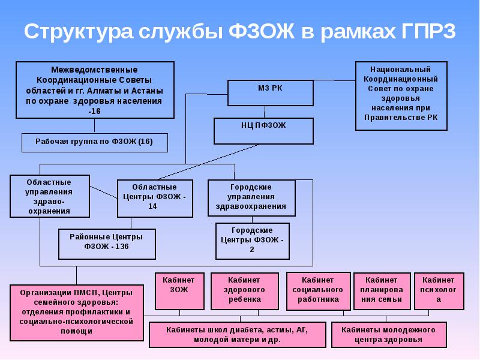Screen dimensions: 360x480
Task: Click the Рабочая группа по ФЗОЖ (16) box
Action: (95, 142)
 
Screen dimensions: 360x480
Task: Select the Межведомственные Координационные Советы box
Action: (95, 90)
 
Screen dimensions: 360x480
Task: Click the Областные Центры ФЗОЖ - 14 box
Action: (154, 197)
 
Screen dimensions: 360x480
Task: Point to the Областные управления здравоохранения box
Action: (50, 196)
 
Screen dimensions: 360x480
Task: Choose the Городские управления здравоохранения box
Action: (251, 197)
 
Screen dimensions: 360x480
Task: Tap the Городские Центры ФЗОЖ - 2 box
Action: (252, 240)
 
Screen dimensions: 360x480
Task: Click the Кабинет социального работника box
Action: (318, 290)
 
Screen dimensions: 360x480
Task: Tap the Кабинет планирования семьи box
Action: (382, 290)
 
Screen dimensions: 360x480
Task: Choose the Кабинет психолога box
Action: (439, 290)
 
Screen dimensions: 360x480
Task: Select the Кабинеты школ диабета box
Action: (238, 334)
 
